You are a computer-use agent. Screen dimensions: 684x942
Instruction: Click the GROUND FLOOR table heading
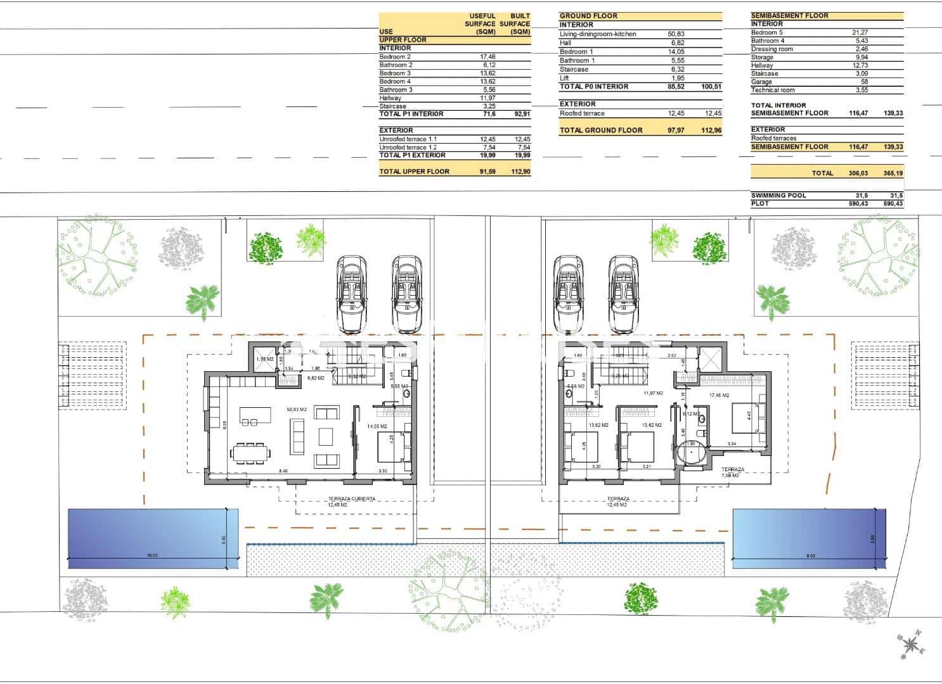(x=588, y=16)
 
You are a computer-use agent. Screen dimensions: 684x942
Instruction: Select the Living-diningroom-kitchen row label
(x=598, y=34)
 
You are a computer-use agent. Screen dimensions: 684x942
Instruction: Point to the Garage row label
(x=761, y=82)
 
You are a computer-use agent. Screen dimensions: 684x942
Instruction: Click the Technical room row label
(x=773, y=90)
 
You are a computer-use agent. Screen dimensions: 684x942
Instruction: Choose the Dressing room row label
(x=771, y=49)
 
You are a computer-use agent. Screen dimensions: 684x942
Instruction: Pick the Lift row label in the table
(x=564, y=78)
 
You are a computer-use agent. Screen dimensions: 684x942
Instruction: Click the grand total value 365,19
(x=893, y=173)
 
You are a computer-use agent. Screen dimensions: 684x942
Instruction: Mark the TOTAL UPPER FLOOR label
(x=414, y=172)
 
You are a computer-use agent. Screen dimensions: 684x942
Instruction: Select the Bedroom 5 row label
(x=766, y=32)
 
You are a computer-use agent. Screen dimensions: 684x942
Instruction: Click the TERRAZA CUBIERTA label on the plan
(x=352, y=498)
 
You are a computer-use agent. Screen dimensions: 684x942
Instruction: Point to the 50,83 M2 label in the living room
(x=296, y=410)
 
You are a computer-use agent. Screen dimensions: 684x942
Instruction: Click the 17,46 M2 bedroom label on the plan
(x=719, y=395)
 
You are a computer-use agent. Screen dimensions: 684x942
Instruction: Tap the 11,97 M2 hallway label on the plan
(x=653, y=393)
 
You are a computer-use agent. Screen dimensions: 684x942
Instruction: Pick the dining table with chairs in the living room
(x=251, y=453)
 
